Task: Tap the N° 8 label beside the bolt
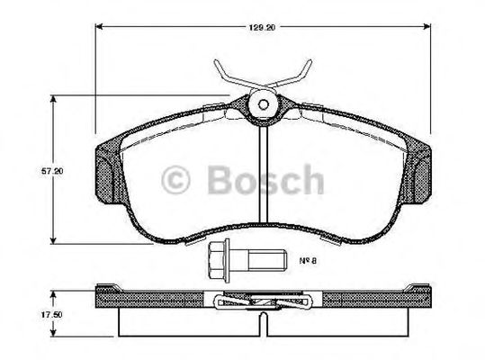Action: [311, 262]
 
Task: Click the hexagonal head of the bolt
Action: [216, 261]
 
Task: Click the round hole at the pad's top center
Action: [262, 104]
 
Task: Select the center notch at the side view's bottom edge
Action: [261, 319]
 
